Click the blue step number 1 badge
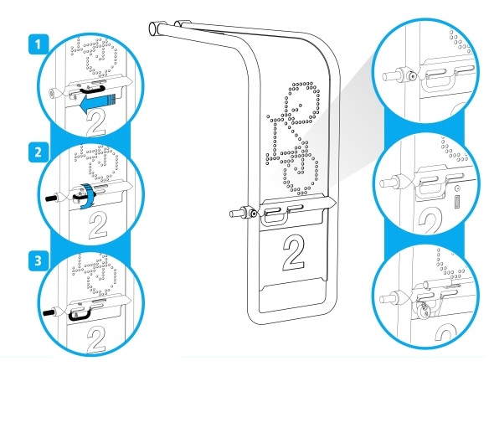[39, 44]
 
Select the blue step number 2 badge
[39, 152]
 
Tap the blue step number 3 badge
[39, 261]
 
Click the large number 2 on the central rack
[294, 253]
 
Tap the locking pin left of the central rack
[244, 214]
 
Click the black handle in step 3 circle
[80, 315]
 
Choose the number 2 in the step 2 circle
[98, 225]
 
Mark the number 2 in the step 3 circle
[95, 340]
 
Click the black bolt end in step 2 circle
[50, 198]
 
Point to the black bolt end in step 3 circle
[49, 313]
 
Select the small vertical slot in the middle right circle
[457, 202]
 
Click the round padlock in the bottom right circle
[422, 309]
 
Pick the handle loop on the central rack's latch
[274, 217]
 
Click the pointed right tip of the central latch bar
[335, 201]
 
